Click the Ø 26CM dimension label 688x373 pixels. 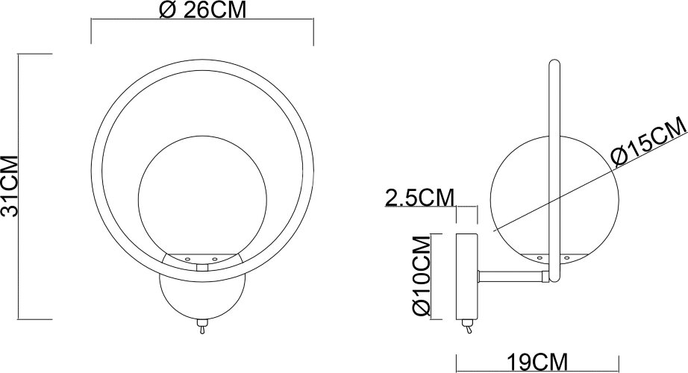tap(202, 10)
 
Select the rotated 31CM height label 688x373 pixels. tap(10, 185)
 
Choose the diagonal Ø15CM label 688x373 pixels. tap(646, 144)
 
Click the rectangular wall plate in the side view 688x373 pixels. tap(467, 275)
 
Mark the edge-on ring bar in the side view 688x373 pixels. tap(555, 172)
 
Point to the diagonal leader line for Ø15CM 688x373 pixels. tap(552, 197)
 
